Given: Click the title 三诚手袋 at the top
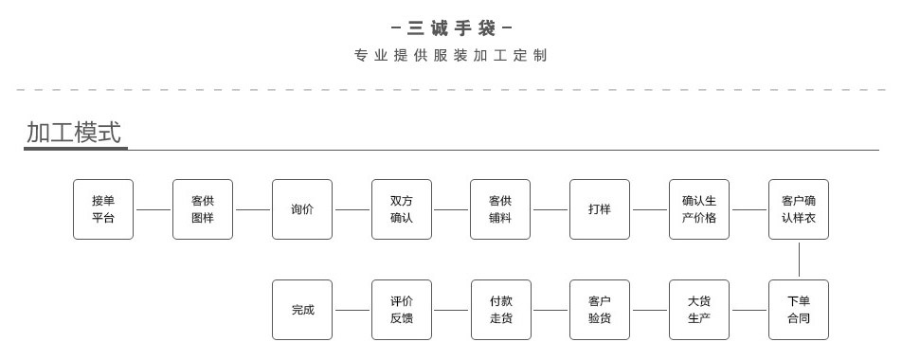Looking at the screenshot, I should click(x=451, y=28).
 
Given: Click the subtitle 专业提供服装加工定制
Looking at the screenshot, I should click(x=451, y=56).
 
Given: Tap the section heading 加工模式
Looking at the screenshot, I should click(x=74, y=133).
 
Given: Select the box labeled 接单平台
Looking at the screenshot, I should click(x=103, y=209).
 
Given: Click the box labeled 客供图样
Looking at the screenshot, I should click(x=203, y=209).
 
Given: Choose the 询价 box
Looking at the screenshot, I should click(x=302, y=209).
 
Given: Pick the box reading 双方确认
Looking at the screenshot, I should click(x=402, y=209).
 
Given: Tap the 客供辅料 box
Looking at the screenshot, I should click(x=500, y=209).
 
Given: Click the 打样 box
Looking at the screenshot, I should click(x=600, y=209).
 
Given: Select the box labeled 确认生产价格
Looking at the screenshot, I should click(x=699, y=209).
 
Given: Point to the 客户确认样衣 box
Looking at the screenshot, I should click(x=799, y=209).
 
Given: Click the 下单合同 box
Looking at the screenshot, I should click(x=799, y=310).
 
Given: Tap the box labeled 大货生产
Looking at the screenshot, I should click(x=699, y=310).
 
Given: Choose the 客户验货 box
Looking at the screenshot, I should click(x=600, y=310).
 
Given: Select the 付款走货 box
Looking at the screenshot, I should click(x=500, y=310).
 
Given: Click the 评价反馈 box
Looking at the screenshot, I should click(x=402, y=310).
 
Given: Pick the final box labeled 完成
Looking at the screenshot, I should click(x=302, y=310).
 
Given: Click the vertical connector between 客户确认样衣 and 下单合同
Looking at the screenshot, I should click(x=799, y=260).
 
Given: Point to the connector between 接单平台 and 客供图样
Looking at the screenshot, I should click(x=153, y=209).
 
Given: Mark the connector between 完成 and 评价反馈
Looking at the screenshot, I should click(x=352, y=310).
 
